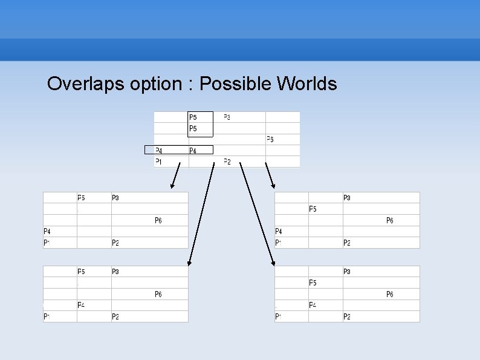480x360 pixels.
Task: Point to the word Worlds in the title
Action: (306, 83)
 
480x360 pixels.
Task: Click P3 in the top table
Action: (227, 117)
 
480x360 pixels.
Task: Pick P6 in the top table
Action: (270, 139)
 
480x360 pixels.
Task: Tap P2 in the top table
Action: (227, 161)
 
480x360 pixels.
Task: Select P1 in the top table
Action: (158, 161)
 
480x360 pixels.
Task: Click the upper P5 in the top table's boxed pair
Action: (193, 117)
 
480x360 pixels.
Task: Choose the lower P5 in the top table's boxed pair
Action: (193, 128)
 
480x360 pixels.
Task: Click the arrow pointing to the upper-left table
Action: (176, 175)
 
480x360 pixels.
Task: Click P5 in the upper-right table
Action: (313, 209)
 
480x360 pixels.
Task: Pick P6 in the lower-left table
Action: (158, 294)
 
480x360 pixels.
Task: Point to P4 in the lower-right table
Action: (313, 305)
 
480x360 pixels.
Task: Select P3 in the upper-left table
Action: (115, 198)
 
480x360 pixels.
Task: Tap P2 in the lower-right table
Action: (347, 316)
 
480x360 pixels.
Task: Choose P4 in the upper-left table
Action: (47, 231)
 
